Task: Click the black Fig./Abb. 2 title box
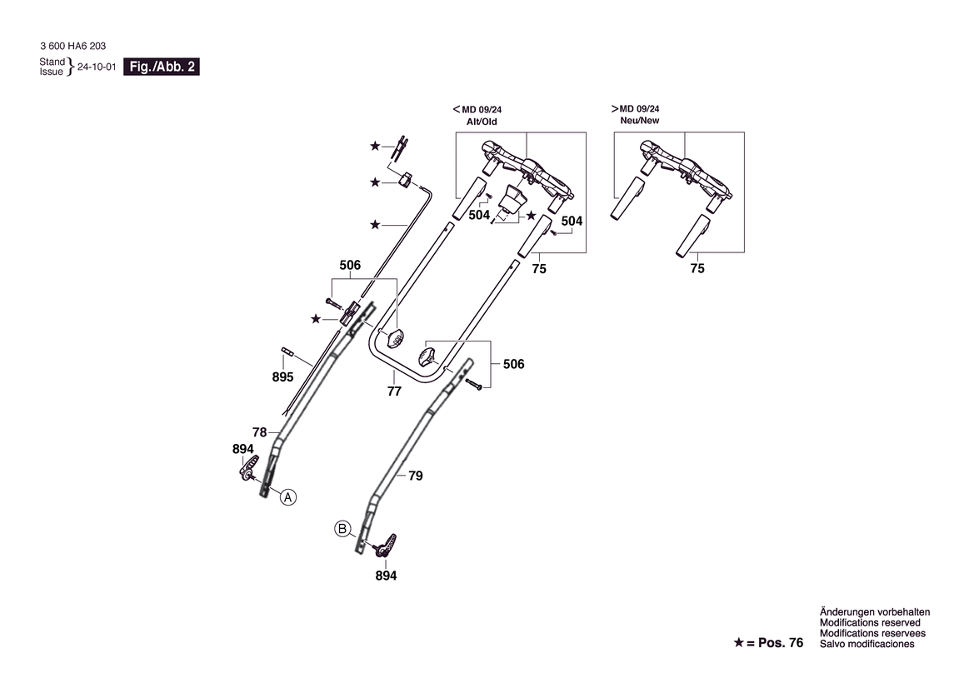point(162,67)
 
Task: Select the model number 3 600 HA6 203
point(72,46)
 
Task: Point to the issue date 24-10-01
point(97,67)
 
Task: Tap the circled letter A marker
point(287,497)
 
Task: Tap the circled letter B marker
point(342,529)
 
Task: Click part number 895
point(282,377)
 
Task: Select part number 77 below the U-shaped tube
point(394,391)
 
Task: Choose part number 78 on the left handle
point(260,432)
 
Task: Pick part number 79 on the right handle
point(416,476)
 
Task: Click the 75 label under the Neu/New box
point(697,268)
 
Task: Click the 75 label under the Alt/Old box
point(539,268)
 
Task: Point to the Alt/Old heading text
point(482,122)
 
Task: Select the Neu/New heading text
point(640,121)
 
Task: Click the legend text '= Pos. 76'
point(775,643)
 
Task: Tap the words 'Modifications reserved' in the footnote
point(870,623)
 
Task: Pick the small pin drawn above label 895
point(287,351)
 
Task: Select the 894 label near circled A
point(243,449)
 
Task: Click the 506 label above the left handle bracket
point(350,265)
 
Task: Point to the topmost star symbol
point(375,146)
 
